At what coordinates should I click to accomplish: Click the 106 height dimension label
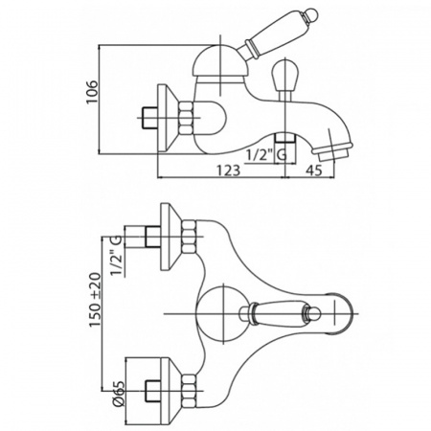click(92, 92)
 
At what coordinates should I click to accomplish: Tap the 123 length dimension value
click(228, 170)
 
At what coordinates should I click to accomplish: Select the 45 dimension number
click(314, 170)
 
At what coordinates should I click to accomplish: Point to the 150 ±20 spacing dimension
click(95, 300)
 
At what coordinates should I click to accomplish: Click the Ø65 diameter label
click(119, 394)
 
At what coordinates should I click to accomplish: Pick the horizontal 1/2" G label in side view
click(266, 155)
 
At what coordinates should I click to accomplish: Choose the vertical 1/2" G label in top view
click(118, 256)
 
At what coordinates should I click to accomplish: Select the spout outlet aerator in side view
click(332, 152)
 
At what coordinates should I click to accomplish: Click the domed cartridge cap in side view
click(219, 62)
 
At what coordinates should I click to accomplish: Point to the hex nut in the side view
click(186, 118)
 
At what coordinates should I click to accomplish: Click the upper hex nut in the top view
click(189, 237)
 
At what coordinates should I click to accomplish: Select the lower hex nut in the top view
click(189, 391)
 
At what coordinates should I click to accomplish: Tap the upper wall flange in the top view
click(170, 237)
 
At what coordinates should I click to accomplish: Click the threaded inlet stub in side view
click(149, 118)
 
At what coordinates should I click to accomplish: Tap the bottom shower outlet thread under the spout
click(284, 137)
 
